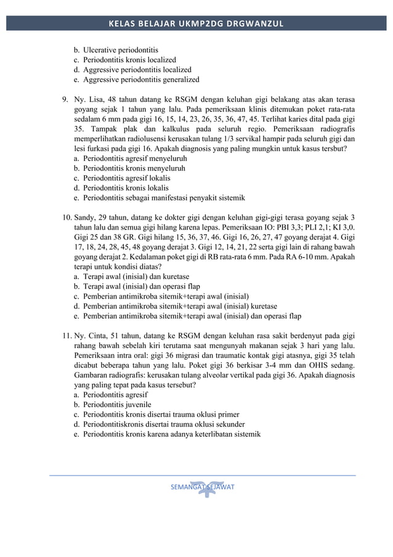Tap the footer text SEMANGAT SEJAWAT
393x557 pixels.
coord(201,487)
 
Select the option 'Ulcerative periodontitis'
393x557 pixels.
coord(121,49)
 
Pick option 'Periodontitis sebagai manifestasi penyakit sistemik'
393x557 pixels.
coord(164,197)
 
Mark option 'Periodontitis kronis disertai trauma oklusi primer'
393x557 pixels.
coord(161,415)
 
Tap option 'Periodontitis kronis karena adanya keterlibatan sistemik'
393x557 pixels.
coord(172,434)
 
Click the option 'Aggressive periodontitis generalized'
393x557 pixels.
coord(141,80)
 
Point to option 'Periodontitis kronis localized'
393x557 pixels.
coord(129,60)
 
